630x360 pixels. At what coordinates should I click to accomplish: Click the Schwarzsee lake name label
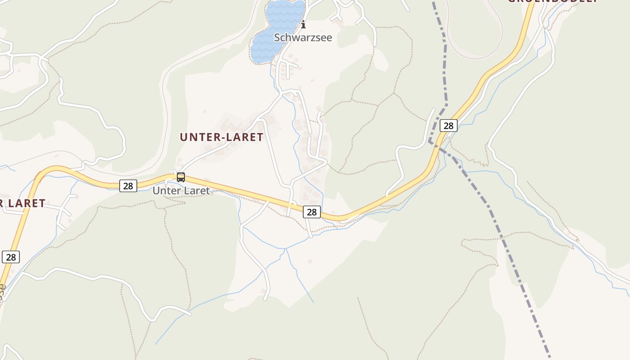pyautogui.click(x=303, y=37)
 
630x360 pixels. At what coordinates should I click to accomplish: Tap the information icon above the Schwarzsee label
pyautogui.click(x=303, y=24)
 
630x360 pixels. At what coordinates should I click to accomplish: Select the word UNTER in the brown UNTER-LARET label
pyautogui.click(x=199, y=137)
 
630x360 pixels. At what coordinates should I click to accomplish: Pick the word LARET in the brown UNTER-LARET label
pyautogui.click(x=243, y=137)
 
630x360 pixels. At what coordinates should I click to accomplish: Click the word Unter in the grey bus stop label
pyautogui.click(x=165, y=191)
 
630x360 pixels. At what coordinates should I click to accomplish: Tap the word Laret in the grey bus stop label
pyautogui.click(x=195, y=191)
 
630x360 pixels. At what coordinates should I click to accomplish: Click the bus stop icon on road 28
pyautogui.click(x=180, y=177)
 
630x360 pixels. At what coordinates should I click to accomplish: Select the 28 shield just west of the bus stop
pyautogui.click(x=128, y=185)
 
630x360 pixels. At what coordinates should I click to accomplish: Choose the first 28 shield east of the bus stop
pyautogui.click(x=311, y=211)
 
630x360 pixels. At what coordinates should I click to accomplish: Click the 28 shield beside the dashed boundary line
pyautogui.click(x=448, y=126)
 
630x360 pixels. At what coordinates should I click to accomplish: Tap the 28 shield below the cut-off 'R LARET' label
pyautogui.click(x=11, y=257)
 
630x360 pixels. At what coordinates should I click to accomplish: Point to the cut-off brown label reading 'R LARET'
pyautogui.click(x=22, y=203)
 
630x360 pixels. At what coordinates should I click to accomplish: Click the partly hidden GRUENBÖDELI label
pyautogui.click(x=553, y=1)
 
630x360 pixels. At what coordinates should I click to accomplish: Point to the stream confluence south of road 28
pyautogui.click(x=285, y=248)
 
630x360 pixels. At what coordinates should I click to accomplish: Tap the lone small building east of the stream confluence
pyautogui.click(x=310, y=261)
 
